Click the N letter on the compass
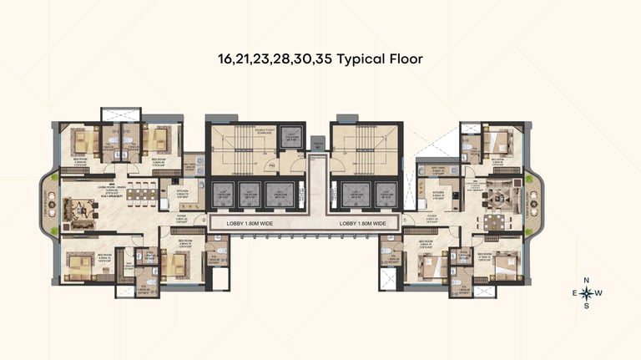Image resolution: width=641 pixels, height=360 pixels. pos(587,280)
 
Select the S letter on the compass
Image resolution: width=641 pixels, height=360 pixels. pos(587,306)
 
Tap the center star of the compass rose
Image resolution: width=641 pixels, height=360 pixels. pos(587,293)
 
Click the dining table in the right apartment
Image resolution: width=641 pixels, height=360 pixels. pos(493,223)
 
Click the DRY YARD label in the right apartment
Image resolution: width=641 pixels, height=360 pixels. pos(432,166)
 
